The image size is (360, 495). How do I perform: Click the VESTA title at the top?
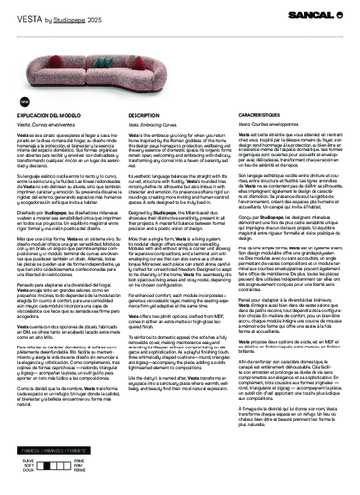pos(18,15)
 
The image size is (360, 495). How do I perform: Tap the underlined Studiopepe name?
pos(58,16)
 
